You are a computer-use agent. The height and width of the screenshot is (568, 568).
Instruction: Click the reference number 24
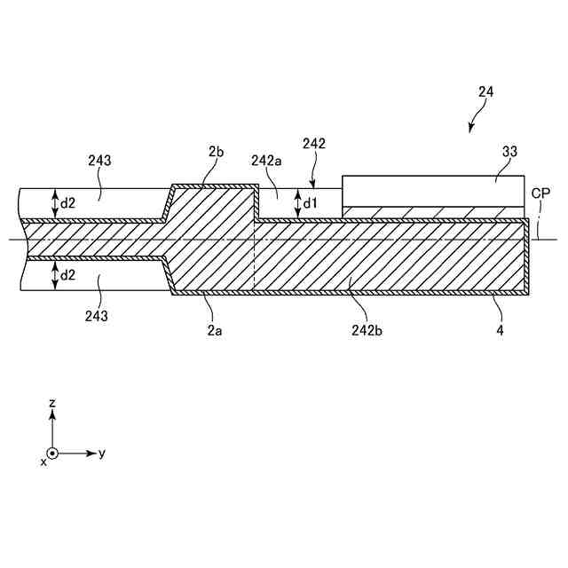click(x=485, y=91)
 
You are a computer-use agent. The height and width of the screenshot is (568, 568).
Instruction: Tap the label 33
click(x=509, y=152)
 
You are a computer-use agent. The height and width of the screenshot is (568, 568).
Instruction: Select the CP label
click(x=540, y=193)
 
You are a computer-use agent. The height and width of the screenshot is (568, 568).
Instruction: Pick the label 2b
click(x=215, y=152)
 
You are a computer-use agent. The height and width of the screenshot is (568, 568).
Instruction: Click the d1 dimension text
click(x=310, y=203)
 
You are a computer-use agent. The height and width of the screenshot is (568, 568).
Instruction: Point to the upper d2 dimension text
click(x=67, y=203)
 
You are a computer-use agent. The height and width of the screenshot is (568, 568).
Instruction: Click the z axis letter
click(x=53, y=403)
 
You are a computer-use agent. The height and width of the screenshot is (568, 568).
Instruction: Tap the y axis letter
click(x=102, y=453)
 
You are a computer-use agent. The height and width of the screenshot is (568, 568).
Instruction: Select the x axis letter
click(x=43, y=462)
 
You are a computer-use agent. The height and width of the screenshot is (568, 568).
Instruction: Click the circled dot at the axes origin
click(x=53, y=453)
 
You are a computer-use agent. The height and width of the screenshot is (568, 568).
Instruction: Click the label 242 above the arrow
click(x=314, y=143)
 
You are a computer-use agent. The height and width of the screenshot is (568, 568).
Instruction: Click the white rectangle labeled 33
click(x=432, y=191)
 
